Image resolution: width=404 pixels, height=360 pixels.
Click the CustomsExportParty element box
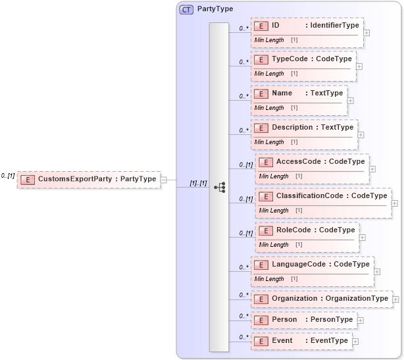coord(89,179)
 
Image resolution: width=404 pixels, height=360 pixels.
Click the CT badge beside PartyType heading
coord(186,10)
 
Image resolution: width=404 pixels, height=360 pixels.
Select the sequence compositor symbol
coord(219,188)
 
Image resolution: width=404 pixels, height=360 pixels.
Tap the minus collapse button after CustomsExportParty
coord(164,179)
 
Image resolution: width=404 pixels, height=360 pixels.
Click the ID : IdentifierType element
coord(307,26)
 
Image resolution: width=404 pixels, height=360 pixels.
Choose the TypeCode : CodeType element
coord(303,59)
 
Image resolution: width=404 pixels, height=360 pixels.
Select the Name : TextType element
coord(299,93)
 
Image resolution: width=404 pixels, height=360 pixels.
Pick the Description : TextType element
coord(304,127)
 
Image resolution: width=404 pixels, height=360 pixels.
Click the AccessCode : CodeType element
coord(312,162)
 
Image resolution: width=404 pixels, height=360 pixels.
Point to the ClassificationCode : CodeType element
coord(323,196)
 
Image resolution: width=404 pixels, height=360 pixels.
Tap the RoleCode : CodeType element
coord(307,230)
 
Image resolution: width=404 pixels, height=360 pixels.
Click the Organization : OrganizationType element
coord(321,299)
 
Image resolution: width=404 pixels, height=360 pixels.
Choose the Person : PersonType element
coord(304,320)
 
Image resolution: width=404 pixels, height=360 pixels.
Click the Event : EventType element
coord(301,341)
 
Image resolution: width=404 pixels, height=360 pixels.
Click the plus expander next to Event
coord(355,342)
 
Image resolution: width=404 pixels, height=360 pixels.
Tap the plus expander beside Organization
coord(395,299)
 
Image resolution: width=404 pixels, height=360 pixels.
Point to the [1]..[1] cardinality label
coord(198,182)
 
